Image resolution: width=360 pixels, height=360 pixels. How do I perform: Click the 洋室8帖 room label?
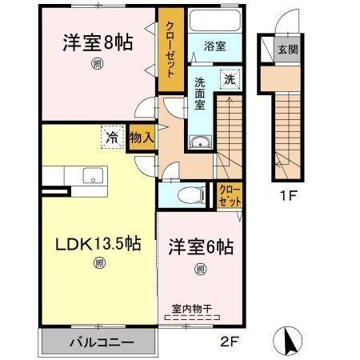[x=97, y=43]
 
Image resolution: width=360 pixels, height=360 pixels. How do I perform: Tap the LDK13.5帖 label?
[x=98, y=244]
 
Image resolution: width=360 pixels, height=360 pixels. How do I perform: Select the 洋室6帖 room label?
[x=200, y=248]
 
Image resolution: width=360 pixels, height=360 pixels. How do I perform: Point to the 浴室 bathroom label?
[x=214, y=46]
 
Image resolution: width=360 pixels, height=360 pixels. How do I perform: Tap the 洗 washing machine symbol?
[x=230, y=79]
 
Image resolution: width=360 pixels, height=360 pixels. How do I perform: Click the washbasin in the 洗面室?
[x=198, y=142]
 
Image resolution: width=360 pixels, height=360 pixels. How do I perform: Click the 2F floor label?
[x=229, y=345]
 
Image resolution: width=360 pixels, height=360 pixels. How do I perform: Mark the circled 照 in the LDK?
[x=99, y=262]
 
